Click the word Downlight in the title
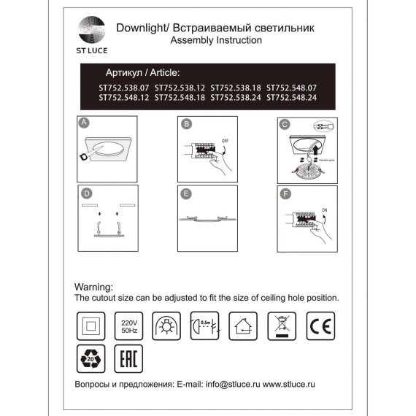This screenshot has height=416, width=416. click(x=140, y=28)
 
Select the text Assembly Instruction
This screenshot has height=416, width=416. click(x=215, y=41)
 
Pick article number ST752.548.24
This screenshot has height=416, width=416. click(x=291, y=96)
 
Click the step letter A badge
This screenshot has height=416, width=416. click(x=85, y=124)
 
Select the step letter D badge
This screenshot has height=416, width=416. click(x=85, y=193)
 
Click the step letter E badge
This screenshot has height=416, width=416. click(x=186, y=194)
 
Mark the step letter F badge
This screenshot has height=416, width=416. click(x=286, y=194)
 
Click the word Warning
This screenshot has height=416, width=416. click(x=94, y=288)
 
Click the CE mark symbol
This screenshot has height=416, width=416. click(x=320, y=324)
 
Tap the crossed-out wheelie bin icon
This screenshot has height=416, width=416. click(x=281, y=325)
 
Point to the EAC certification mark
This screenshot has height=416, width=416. click(x=128, y=360)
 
